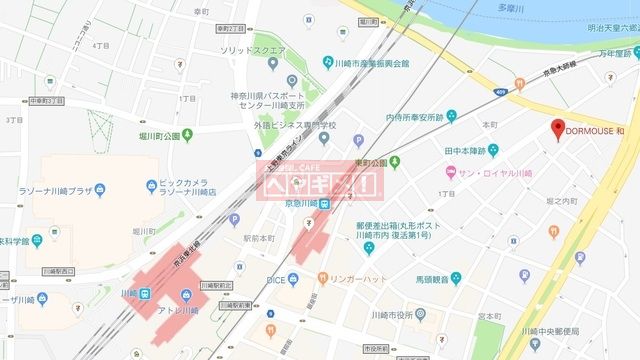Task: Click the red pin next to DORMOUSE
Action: (559, 128)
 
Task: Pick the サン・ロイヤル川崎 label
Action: (495, 172)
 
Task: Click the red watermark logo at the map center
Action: (321, 181)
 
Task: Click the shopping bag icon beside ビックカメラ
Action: (151, 184)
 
